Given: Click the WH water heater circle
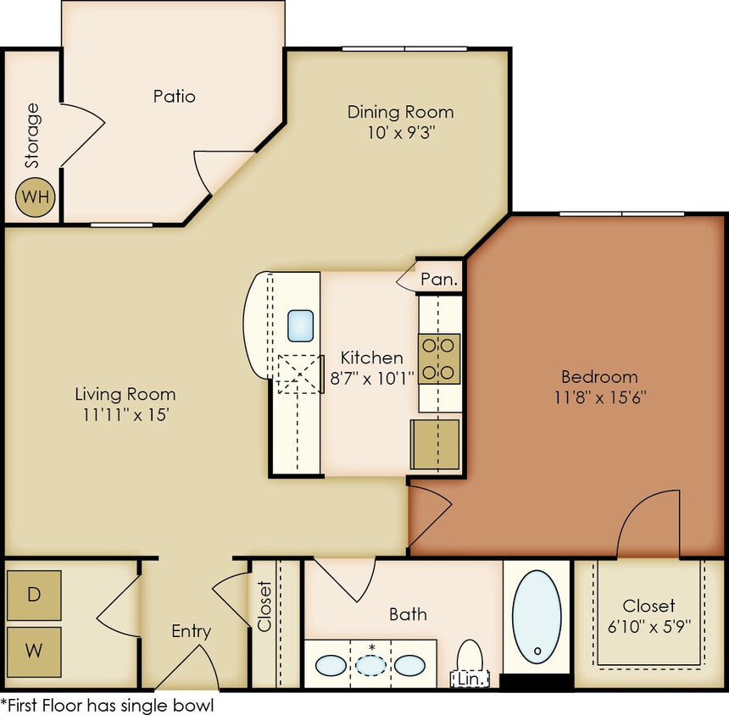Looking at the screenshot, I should (36, 197).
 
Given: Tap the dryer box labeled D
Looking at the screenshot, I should (34, 594).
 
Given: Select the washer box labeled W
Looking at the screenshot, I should (34, 651).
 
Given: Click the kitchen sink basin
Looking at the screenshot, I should (301, 325).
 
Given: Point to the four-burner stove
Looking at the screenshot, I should (439, 358).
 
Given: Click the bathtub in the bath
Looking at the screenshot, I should (536, 617).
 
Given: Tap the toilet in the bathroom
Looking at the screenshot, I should (470, 657).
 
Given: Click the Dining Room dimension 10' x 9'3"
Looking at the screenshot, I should (400, 132).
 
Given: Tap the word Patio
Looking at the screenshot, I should (174, 96).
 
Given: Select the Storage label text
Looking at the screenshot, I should (32, 136).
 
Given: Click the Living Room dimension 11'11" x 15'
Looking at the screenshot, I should (125, 415).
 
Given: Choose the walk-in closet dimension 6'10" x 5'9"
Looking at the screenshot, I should (648, 627).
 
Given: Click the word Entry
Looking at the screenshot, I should (191, 631).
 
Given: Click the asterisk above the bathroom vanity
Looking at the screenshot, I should (371, 648).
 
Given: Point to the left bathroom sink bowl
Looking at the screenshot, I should (331, 665).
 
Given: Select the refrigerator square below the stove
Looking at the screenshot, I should (435, 444).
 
